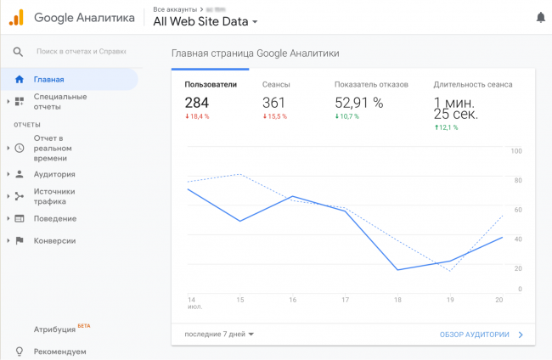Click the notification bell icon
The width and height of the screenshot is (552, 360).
click(541, 17)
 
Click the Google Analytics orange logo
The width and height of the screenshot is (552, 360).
click(16, 17)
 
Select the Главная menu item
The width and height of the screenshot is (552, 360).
click(49, 80)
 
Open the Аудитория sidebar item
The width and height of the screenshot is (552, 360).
click(54, 174)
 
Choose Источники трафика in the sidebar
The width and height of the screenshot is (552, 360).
click(54, 197)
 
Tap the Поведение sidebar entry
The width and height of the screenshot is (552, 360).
click(55, 218)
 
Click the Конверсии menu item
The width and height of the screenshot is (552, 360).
click(54, 240)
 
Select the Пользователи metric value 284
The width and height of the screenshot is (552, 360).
click(197, 102)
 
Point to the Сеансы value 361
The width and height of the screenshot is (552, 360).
click(274, 102)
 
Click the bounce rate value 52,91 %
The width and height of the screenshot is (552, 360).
click(359, 103)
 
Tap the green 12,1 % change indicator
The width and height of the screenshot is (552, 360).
click(446, 127)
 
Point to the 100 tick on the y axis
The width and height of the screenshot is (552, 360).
click(516, 151)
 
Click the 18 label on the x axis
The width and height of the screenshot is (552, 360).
click(397, 300)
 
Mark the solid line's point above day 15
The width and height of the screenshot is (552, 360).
click(240, 222)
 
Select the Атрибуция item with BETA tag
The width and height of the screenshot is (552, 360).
click(56, 328)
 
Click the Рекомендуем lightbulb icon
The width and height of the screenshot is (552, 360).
click(19, 351)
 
